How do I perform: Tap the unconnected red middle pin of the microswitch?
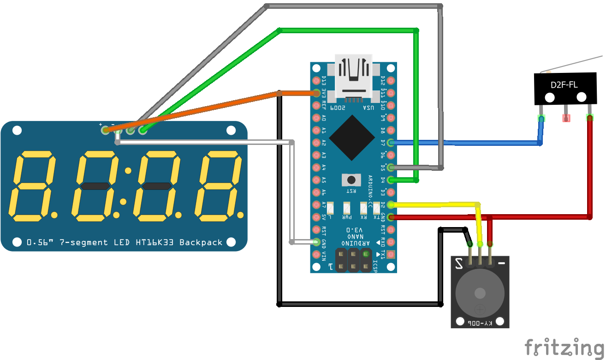tap(566, 118)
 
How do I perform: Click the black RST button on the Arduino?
tap(351, 180)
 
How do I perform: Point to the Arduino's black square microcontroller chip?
tap(352, 137)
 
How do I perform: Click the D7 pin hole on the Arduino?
tap(391, 143)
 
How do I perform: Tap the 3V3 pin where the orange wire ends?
tap(316, 93)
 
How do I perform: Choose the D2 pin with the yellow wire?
tap(391, 205)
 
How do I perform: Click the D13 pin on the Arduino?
tap(316, 81)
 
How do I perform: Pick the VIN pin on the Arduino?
tap(316, 254)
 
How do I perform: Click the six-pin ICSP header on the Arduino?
tap(353, 260)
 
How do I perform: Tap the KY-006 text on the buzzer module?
tap(480, 323)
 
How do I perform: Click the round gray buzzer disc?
tap(480, 294)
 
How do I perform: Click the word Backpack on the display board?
tap(201, 242)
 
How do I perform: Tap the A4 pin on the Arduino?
tap(316, 168)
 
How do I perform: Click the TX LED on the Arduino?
tap(377, 208)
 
